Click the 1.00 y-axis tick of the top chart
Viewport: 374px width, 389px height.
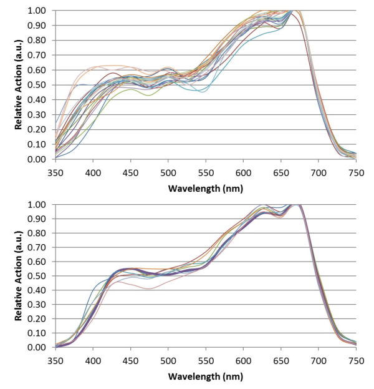point(36,11)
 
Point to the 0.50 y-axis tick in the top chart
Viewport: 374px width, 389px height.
point(36,85)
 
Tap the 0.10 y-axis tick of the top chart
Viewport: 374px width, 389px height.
point(36,144)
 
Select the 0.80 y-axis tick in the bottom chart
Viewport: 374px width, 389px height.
point(36,234)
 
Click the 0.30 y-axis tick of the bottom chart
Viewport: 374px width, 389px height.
point(36,305)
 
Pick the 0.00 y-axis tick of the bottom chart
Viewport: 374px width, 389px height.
point(36,348)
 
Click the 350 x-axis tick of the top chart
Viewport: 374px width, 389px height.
point(55,171)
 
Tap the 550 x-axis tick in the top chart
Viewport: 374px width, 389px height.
point(206,171)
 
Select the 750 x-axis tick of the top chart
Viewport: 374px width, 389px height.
point(356,171)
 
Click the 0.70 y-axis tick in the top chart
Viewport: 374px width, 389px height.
point(36,55)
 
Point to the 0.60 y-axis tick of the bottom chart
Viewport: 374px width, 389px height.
point(36,262)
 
